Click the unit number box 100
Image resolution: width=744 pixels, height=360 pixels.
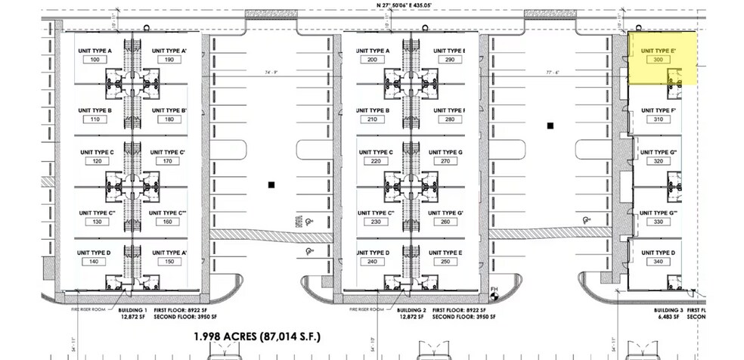point(95,59)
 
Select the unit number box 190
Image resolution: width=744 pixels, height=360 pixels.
point(169,59)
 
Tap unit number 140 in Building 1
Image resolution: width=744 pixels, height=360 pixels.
point(95,261)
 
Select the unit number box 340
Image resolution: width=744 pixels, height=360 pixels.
point(656,261)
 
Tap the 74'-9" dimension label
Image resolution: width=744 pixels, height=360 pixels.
point(271,72)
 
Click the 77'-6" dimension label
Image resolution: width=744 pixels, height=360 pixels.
point(551,72)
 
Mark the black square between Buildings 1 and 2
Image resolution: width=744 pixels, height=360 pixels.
point(271,184)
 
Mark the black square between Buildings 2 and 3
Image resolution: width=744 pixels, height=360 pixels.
point(551,126)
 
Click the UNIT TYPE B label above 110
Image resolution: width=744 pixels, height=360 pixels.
point(95,110)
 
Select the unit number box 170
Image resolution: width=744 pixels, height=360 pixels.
point(169,161)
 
